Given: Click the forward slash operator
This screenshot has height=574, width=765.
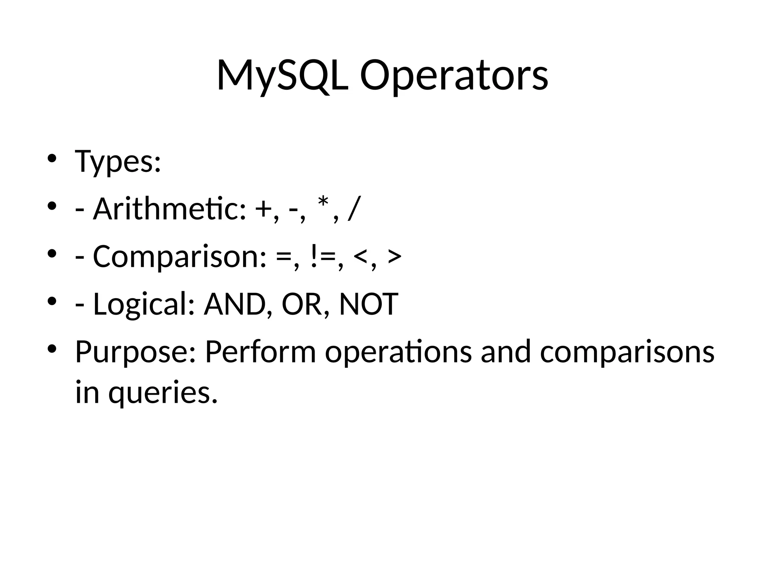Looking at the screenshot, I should (353, 209).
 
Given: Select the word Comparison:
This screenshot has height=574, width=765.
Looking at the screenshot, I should (180, 257).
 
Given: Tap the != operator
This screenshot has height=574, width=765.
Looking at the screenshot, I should (322, 257).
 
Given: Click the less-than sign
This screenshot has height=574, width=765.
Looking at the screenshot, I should (360, 257).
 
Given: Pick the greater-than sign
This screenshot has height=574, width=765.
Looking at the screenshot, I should (394, 257).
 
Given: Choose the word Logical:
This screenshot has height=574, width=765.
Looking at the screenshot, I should (144, 305).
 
